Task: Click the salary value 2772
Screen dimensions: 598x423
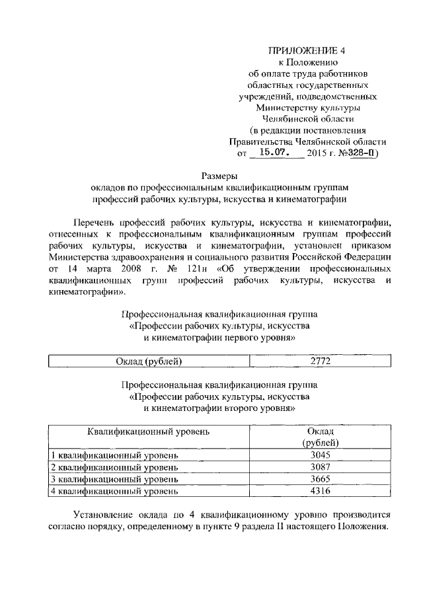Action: pos(320,361)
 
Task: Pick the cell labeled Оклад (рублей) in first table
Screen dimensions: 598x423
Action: pos(149,361)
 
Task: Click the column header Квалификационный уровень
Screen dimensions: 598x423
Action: pos(149,431)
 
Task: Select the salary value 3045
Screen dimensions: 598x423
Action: pos(320,456)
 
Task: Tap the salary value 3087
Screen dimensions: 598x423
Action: pos(320,468)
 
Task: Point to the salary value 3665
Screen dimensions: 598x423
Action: pos(320,479)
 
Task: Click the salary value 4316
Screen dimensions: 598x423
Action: pos(320,491)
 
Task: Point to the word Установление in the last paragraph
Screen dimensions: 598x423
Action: pos(102,515)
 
